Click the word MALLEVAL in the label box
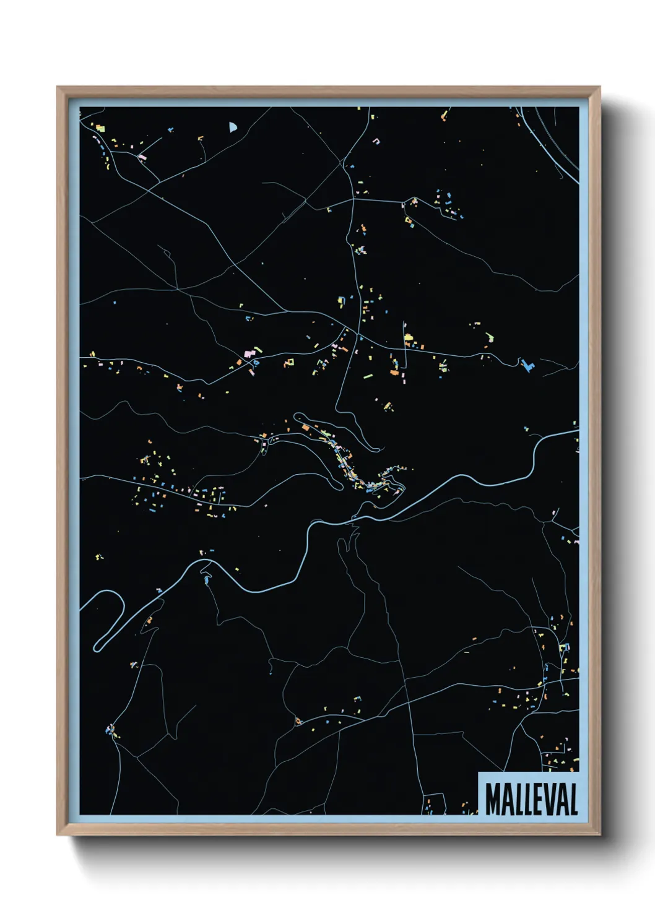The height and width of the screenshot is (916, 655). click(531, 799)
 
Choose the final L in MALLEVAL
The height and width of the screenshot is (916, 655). click(574, 799)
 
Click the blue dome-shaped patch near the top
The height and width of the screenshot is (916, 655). click(232, 127)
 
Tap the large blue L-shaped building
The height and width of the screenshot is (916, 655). click(527, 365)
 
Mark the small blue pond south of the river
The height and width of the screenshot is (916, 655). click(206, 580)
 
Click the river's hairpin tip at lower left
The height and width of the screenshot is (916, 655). click(97, 647)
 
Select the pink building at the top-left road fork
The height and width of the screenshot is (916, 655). click(142, 157)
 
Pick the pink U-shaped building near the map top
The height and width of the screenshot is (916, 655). click(375, 141)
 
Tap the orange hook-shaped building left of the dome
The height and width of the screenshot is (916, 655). click(200, 139)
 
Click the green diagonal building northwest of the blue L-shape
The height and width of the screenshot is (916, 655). click(490, 337)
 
